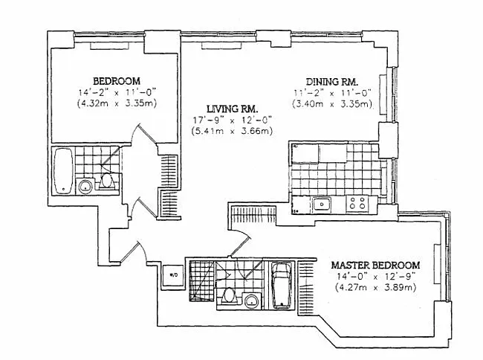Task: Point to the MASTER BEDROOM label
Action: click(375, 265)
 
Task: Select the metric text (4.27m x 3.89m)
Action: click(375, 289)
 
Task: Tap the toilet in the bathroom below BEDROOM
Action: click(106, 181)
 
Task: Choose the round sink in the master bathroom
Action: click(252, 301)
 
